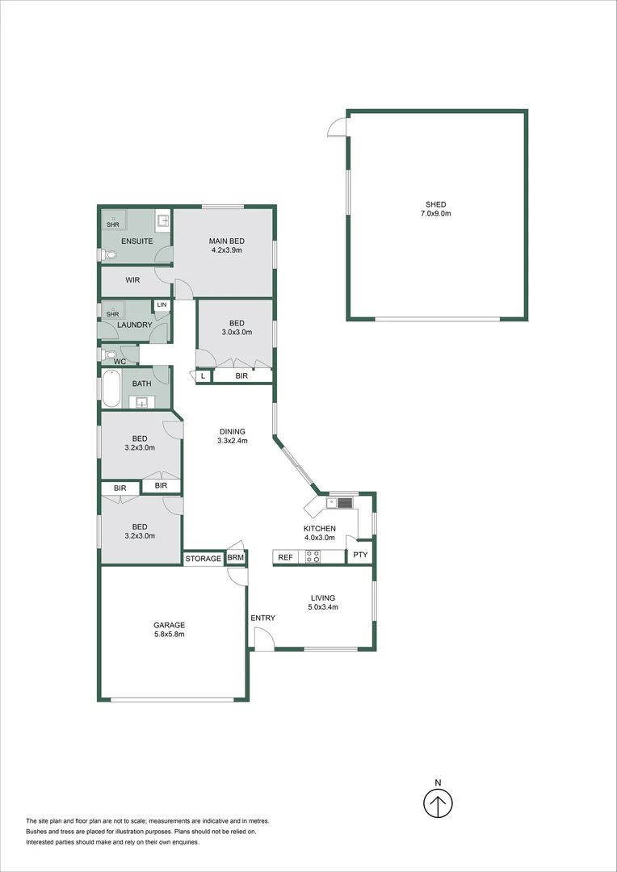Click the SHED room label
tap(436, 204)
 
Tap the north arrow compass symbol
tap(438, 803)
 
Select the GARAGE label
tap(170, 624)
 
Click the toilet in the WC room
tap(109, 354)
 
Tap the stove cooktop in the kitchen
tap(312, 556)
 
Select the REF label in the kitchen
tap(285, 557)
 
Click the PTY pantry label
tap(359, 555)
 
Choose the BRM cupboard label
tap(235, 558)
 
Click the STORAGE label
tap(203, 558)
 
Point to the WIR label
tap(133, 280)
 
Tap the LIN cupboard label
tap(162, 304)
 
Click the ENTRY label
tap(262, 618)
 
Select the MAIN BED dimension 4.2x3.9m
tap(226, 251)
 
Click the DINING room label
tap(232, 431)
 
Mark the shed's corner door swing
tap(337, 126)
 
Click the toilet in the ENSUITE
tap(109, 254)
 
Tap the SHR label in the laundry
tap(112, 314)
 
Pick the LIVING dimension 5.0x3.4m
tap(324, 607)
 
